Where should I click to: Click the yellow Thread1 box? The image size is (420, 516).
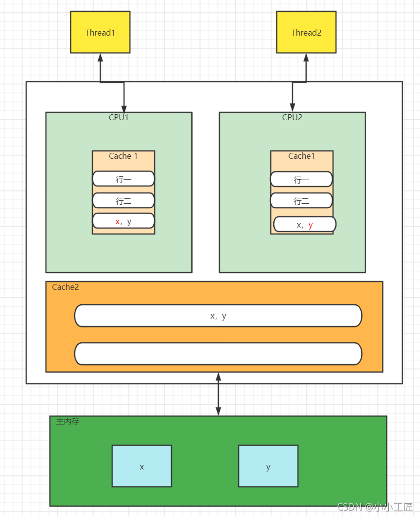click(x=100, y=33)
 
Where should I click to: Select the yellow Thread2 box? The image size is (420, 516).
click(x=306, y=33)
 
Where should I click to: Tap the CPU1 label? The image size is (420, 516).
click(x=119, y=118)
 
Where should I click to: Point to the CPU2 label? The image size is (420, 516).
click(x=292, y=118)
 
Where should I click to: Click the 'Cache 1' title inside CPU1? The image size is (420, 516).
click(x=123, y=156)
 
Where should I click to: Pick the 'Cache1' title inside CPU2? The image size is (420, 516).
click(x=301, y=156)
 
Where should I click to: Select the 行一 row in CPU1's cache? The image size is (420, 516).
click(x=123, y=179)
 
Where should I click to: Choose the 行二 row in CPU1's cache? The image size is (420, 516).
click(x=123, y=201)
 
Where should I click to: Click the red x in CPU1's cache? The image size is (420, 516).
click(x=117, y=222)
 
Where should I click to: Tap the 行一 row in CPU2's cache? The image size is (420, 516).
click(x=301, y=180)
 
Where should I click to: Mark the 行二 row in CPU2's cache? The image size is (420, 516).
click(x=301, y=201)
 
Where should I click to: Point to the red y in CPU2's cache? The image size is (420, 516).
click(x=310, y=225)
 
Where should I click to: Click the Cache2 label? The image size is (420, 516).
click(x=65, y=287)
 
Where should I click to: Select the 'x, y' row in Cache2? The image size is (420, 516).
click(x=218, y=316)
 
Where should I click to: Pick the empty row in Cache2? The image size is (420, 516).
click(x=218, y=354)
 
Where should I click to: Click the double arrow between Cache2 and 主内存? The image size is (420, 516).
click(x=218, y=394)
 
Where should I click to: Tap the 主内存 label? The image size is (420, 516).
click(x=67, y=422)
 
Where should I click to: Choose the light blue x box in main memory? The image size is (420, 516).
click(x=141, y=466)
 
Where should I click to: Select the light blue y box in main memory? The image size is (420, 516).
click(x=268, y=466)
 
